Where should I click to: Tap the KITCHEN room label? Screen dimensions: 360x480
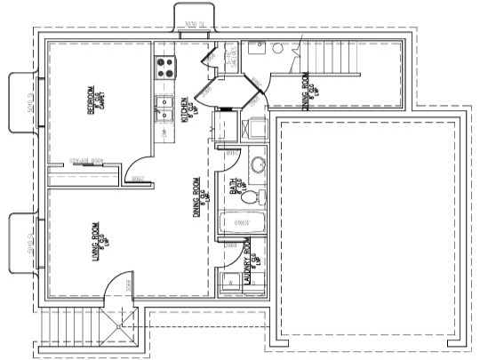click(x=186, y=110)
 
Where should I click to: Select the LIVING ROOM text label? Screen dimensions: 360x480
click(x=93, y=242)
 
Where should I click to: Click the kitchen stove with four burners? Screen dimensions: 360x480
click(x=164, y=64)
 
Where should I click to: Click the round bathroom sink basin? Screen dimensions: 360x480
click(x=258, y=165)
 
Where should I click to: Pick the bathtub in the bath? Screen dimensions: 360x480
click(x=242, y=223)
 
